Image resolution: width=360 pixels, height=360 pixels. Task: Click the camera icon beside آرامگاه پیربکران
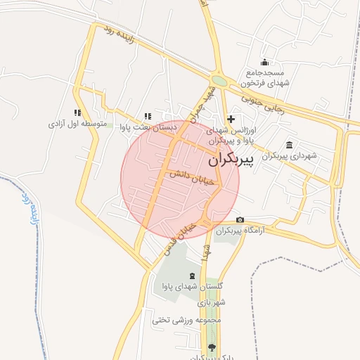pos(240,220)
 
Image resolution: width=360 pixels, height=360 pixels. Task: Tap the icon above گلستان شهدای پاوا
pos(192,274)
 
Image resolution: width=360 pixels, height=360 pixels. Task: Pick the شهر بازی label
pos(210,302)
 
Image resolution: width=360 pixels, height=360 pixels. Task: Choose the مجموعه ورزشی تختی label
pos(186,319)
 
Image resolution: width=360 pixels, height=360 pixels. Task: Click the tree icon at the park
pos(212,347)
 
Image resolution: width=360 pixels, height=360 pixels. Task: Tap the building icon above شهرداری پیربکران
pos(290,143)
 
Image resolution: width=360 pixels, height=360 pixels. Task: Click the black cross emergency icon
pos(231,120)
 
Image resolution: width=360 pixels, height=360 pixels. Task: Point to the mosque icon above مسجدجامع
pos(264,61)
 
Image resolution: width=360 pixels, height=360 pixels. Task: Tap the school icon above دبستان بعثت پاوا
pos(147,116)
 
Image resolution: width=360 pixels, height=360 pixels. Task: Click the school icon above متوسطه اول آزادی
pos(77,112)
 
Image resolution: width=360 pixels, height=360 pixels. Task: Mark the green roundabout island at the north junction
pos(219,81)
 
